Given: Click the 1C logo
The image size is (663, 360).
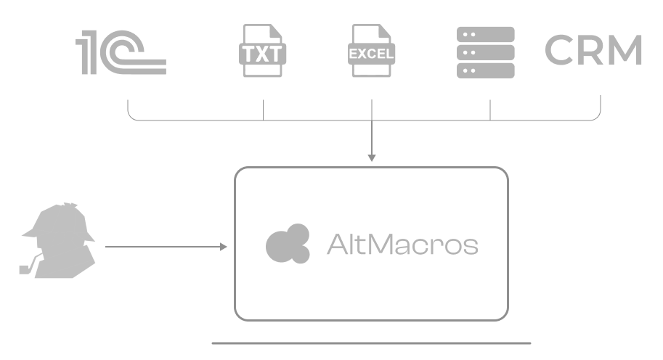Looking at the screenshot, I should click(121, 52).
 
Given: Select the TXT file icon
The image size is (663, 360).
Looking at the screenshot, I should click(263, 52).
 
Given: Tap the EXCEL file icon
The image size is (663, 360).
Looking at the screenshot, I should click(371, 52).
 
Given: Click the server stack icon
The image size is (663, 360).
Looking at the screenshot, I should click(485, 52).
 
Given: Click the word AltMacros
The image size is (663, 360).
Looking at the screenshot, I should click(402, 245).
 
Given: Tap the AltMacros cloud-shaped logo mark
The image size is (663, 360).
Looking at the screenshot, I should click(288, 243).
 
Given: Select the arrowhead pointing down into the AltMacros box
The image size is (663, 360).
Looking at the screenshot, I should click(371, 157).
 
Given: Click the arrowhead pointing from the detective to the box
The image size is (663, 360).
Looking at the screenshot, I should click(224, 247).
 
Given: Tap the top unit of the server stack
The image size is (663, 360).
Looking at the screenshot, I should click(485, 34).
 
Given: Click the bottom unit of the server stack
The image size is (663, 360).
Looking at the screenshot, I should click(485, 70).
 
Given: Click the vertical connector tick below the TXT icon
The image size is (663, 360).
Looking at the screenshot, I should click(263, 110).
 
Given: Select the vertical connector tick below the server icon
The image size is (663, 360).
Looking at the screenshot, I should click(490, 110).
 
